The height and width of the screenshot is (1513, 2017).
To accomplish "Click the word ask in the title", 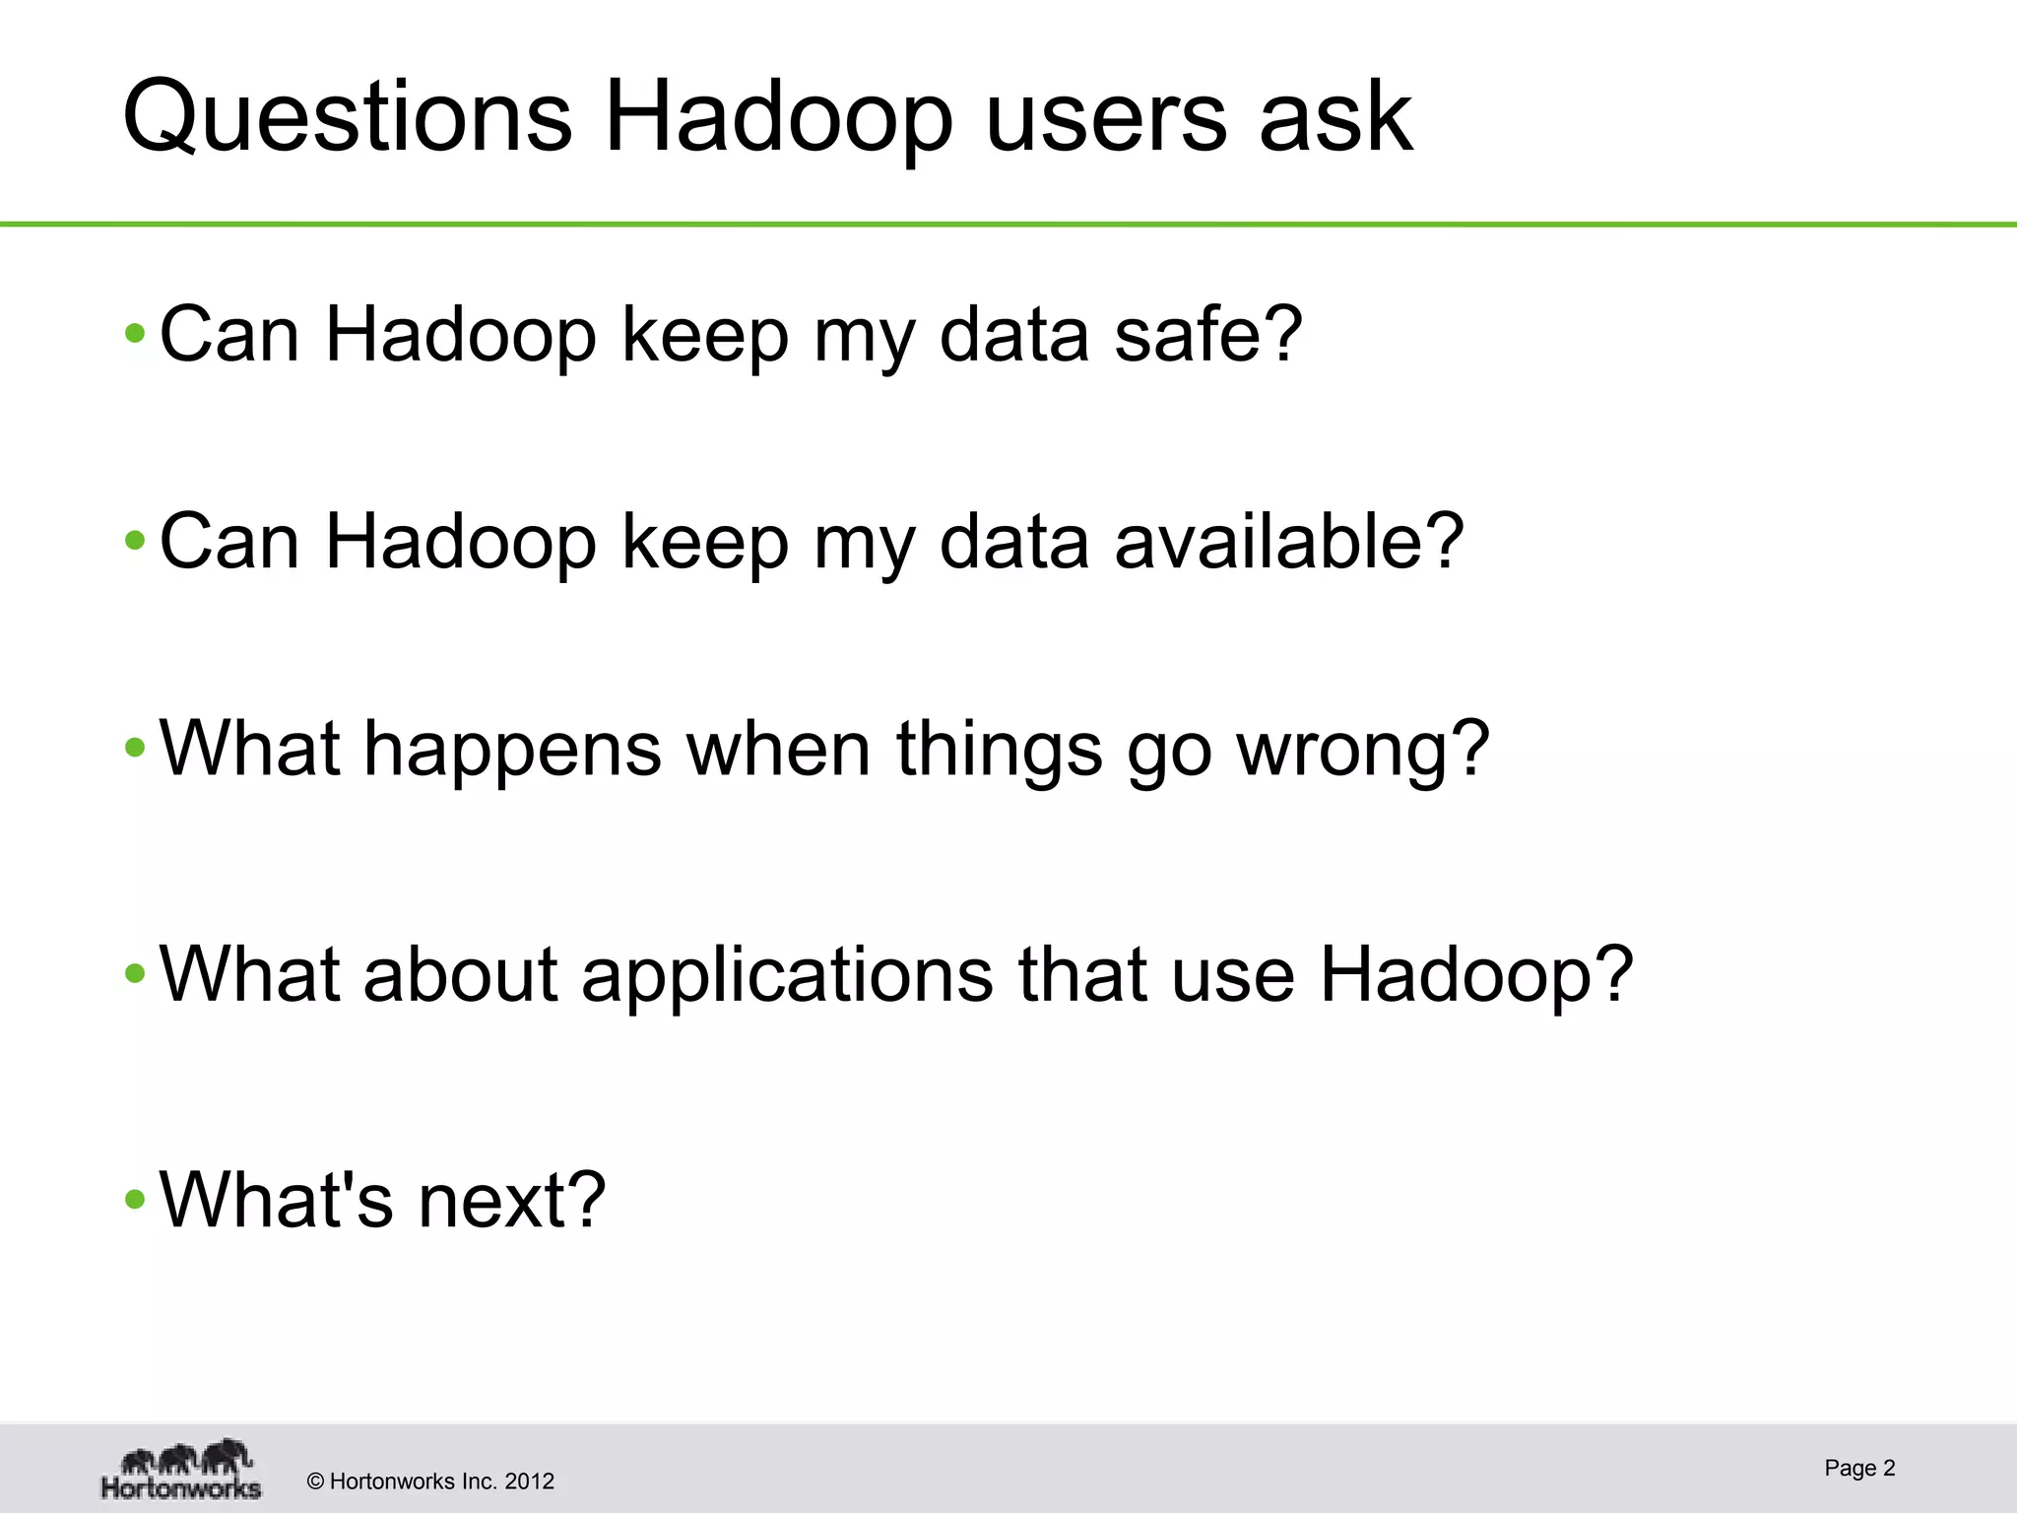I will pos(1335,118).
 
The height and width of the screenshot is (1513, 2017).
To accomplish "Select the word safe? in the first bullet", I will pos(1208,335).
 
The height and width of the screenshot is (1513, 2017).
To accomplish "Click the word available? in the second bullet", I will pos(1289,542).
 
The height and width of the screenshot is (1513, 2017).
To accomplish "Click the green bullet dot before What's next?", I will pos(136,1202).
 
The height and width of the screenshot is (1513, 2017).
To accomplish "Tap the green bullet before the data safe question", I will pos(136,336).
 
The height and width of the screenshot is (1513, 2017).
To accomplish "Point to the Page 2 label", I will pos(1859,1469).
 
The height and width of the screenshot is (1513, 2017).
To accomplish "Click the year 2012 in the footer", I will pos(529,1481).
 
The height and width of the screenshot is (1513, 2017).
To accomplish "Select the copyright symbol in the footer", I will pos(316,1481).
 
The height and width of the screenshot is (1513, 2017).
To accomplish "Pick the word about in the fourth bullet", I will pos(460,975).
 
